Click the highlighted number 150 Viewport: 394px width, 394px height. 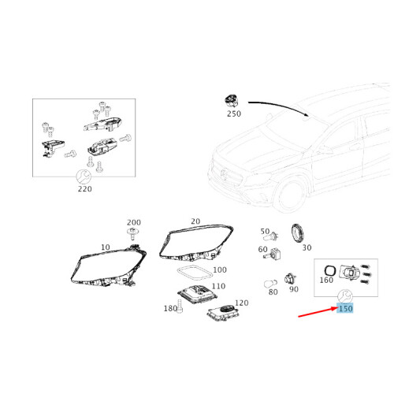pyautogui.click(x=345, y=309)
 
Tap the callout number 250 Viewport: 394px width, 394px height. pyautogui.click(x=233, y=114)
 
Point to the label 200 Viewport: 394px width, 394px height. pyautogui.click(x=134, y=223)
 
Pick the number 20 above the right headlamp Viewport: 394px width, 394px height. pyautogui.click(x=195, y=222)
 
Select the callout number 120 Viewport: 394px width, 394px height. pyautogui.click(x=241, y=303)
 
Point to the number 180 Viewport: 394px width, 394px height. pyautogui.click(x=170, y=309)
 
